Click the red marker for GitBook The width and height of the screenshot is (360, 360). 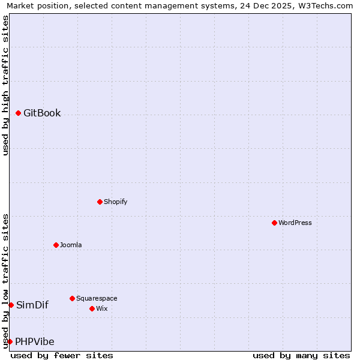click(19, 113)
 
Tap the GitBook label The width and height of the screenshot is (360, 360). click(42, 113)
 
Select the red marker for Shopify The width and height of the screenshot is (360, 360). click(100, 202)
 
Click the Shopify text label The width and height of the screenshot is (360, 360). click(115, 202)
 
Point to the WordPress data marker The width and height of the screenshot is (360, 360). click(274, 223)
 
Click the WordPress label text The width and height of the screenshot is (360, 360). click(295, 223)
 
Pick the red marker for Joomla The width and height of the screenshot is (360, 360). click(56, 245)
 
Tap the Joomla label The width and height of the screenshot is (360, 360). click(71, 245)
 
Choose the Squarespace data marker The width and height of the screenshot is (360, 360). click(72, 298)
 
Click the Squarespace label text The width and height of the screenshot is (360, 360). click(97, 299)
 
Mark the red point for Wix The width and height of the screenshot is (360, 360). click(92, 308)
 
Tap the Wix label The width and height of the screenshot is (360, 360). click(101, 309)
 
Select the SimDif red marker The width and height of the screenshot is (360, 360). click(11, 305)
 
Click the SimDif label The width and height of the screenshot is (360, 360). click(32, 305)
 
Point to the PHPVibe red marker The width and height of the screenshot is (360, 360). click(10, 341)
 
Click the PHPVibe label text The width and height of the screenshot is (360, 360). click(35, 342)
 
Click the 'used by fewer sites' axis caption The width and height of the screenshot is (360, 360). click(62, 356)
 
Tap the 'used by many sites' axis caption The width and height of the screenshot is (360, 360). click(301, 356)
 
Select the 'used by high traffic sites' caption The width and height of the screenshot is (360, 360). click(5, 85)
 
